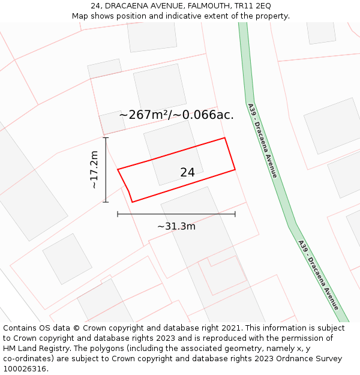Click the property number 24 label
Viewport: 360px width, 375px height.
point(187,173)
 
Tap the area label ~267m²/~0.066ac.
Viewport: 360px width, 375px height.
point(176,115)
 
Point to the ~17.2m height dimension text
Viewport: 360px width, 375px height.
point(94,170)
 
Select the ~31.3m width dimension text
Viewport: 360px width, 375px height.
point(176,226)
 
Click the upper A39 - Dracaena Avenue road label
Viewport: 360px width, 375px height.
point(263,142)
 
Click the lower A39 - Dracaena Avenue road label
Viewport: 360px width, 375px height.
point(319,275)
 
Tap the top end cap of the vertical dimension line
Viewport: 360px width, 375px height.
point(106,138)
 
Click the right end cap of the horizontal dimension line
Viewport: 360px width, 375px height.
point(235,214)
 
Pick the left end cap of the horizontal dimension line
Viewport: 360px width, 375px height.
point(118,214)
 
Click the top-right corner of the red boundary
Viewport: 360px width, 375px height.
point(225,138)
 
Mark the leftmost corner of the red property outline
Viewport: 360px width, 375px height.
point(118,169)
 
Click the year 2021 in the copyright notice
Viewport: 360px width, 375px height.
point(230,328)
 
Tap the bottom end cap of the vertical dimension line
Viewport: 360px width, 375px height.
point(106,202)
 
